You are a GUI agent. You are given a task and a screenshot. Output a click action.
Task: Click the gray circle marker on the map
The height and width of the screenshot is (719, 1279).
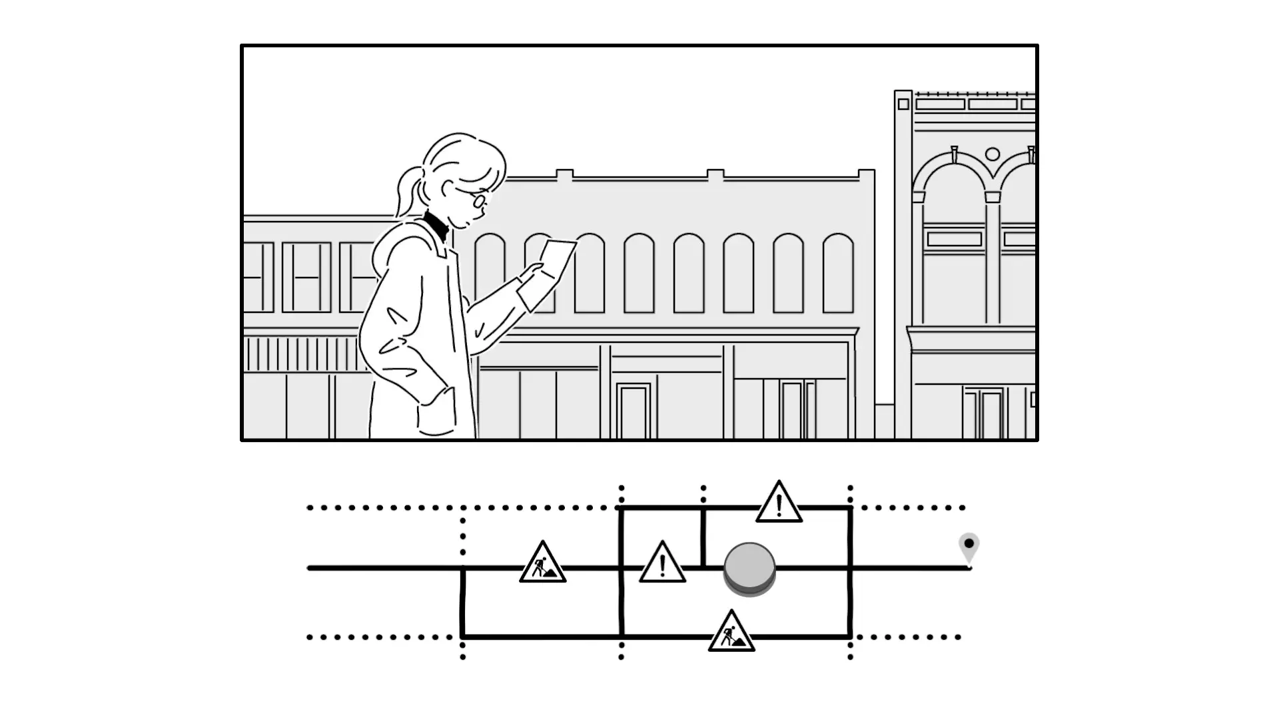pos(749,567)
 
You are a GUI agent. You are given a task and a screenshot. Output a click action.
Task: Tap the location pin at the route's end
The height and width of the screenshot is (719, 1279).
pos(969,547)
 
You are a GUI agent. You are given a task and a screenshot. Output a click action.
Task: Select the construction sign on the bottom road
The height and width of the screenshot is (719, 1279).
pos(731,632)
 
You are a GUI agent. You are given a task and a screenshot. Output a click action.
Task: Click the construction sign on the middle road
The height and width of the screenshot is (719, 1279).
pos(542,564)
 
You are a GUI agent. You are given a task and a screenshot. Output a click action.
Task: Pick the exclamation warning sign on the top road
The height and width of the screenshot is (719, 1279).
pos(779,503)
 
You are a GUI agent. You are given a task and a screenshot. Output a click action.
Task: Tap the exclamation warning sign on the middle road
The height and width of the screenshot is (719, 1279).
pos(662,564)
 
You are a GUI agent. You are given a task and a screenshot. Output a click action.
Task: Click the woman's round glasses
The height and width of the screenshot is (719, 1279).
pos(480,200)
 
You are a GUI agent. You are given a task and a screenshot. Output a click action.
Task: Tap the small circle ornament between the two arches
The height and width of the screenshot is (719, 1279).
pos(992,154)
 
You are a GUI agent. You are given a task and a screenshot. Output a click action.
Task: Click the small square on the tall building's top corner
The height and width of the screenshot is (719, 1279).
pos(903,105)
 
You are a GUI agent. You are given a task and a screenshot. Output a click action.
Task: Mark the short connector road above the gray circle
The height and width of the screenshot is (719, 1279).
pos(703,537)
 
